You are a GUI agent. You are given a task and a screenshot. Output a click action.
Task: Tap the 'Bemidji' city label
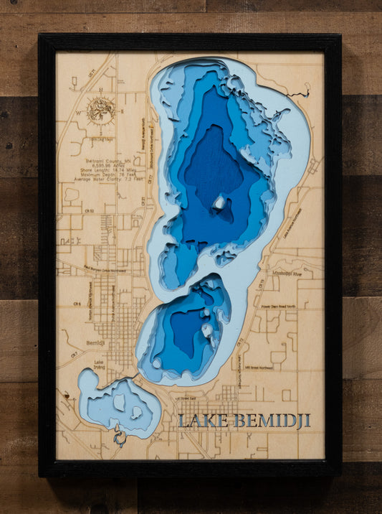95,342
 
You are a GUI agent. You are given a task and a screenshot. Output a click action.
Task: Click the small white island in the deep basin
219,202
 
